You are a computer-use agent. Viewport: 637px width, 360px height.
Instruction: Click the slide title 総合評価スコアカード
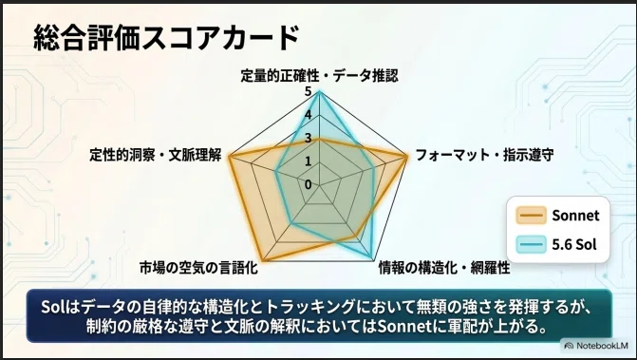click(x=166, y=37)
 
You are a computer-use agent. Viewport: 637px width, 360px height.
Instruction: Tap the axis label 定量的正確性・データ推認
click(x=319, y=76)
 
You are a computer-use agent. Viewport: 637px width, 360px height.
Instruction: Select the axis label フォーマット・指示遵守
click(x=485, y=155)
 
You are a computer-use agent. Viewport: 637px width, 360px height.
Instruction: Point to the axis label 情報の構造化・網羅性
click(x=444, y=268)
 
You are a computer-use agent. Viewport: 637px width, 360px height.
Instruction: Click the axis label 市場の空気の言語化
click(x=198, y=268)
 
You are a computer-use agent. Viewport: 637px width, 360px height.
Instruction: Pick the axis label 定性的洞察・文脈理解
click(x=155, y=155)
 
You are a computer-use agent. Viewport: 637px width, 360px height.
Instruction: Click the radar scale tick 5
click(x=308, y=92)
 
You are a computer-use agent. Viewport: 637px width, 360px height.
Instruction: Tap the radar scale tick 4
click(x=308, y=115)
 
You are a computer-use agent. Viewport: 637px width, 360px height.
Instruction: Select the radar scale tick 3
click(x=308, y=138)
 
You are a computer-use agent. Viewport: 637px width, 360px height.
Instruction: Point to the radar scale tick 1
click(x=308, y=161)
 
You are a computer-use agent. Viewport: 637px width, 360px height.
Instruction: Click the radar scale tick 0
click(x=308, y=184)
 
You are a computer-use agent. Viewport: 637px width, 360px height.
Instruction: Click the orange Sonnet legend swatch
click(x=531, y=216)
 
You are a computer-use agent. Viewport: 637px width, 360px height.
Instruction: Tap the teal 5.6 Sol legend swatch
click(x=531, y=244)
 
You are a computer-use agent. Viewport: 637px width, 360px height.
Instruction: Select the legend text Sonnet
click(x=575, y=216)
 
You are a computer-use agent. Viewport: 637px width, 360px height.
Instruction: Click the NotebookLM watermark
click(x=596, y=346)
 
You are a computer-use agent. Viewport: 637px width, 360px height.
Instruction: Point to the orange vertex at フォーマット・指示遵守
click(x=406, y=157)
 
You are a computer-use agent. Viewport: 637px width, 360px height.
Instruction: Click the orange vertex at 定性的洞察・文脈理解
click(x=230, y=157)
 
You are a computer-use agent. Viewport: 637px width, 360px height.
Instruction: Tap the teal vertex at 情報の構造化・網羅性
click(x=372, y=258)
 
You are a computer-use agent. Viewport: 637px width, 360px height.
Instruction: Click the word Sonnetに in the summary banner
click(x=409, y=327)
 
